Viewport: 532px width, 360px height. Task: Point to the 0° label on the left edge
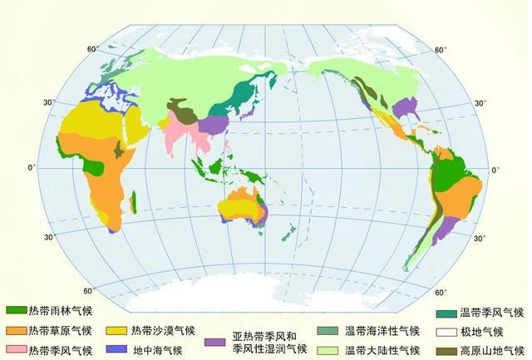[x=32, y=169]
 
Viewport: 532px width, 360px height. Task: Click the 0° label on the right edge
[x=496, y=170]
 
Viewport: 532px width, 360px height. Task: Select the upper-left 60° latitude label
[x=93, y=48]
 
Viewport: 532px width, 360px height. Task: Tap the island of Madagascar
[x=133, y=200]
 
